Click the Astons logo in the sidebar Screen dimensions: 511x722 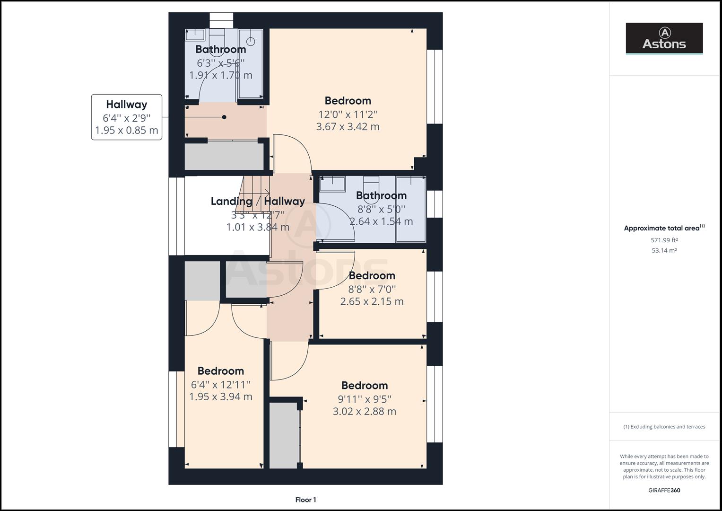664,38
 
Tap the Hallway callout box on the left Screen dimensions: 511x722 126,117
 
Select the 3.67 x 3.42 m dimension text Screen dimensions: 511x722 348,127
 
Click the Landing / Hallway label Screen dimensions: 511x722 258,202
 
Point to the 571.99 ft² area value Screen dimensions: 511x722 664,240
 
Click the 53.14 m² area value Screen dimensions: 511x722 664,251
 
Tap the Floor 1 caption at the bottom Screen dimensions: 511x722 305,500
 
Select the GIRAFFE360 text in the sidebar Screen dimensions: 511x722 664,490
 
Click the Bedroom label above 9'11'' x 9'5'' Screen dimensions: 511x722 364,386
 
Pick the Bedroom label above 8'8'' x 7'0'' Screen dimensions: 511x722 372,276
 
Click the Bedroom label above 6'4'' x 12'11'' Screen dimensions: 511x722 220,371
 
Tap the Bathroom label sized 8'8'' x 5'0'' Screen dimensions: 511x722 381,195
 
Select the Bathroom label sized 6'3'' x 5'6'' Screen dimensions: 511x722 220,49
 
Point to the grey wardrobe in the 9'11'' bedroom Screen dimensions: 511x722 284,435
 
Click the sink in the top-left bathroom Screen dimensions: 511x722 194,35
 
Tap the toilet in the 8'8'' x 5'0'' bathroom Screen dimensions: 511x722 371,183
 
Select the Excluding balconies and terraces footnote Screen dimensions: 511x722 664,427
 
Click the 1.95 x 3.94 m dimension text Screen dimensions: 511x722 220,397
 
